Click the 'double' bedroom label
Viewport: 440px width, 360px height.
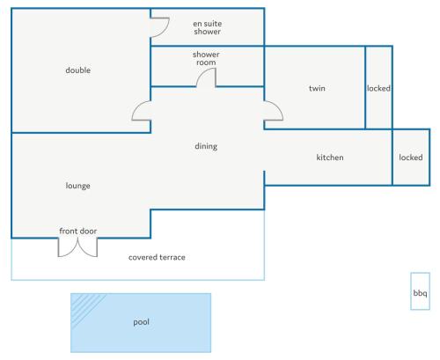click(78, 70)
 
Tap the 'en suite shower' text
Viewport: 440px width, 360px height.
click(207, 27)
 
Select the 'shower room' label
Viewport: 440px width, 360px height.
click(206, 58)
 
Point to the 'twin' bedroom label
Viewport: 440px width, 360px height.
click(317, 88)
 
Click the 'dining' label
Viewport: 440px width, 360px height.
click(206, 146)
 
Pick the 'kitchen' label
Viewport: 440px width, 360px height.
click(330, 158)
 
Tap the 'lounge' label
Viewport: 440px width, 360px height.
click(77, 186)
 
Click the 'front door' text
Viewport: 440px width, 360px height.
click(78, 231)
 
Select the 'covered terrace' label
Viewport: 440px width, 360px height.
click(157, 257)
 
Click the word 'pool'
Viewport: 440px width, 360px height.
click(141, 322)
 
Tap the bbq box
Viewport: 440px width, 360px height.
click(420, 291)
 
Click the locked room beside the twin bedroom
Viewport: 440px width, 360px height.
click(378, 87)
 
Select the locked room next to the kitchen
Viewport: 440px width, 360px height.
click(411, 158)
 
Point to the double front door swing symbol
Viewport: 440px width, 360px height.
click(77, 249)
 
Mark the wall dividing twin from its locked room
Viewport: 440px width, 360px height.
click(365, 87)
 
